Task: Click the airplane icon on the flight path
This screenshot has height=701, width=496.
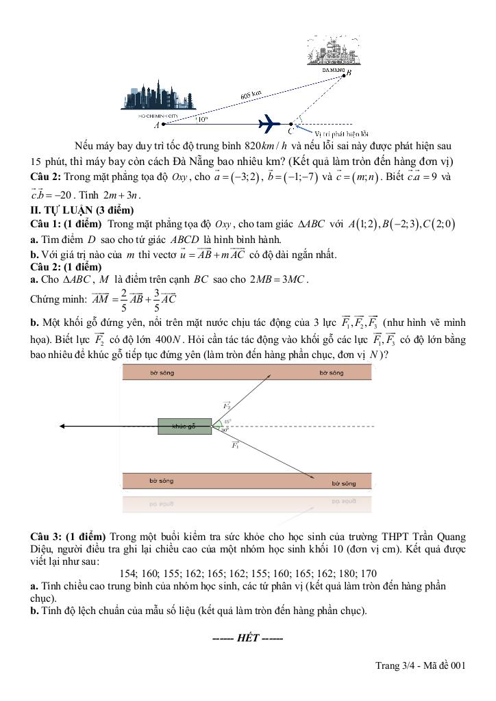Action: click(270, 124)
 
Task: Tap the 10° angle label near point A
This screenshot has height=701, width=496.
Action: click(201, 119)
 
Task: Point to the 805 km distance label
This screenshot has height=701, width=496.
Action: click(251, 94)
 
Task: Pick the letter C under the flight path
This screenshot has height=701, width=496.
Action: click(290, 130)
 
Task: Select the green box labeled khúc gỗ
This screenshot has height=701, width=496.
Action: click(184, 426)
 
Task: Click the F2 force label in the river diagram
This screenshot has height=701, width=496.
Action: click(227, 405)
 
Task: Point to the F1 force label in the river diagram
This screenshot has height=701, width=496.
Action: click(235, 446)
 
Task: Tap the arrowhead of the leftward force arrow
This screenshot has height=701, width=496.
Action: click(63, 426)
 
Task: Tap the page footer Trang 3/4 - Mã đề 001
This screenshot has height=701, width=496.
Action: click(421, 665)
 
